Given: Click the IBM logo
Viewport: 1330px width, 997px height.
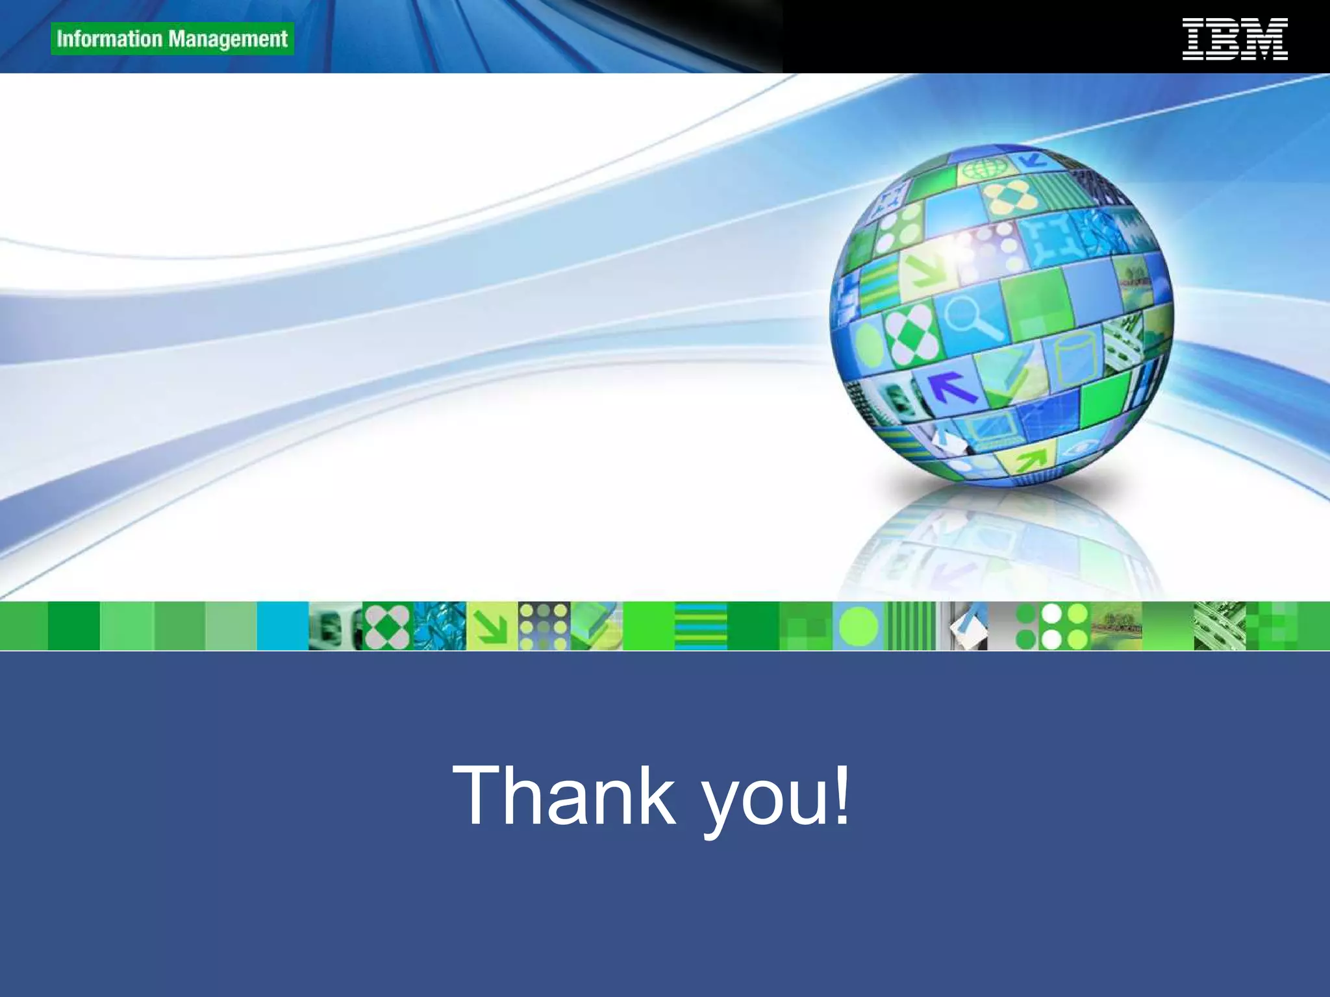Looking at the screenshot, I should tap(1235, 40).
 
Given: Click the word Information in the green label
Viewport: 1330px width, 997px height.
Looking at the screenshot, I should tap(108, 39).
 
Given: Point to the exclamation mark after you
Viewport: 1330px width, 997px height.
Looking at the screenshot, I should tap(842, 795).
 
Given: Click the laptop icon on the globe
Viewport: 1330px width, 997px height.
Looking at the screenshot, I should tap(990, 430).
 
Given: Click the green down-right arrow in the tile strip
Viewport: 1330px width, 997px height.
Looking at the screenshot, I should tap(492, 626).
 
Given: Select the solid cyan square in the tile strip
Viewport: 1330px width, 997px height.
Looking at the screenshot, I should tap(282, 626).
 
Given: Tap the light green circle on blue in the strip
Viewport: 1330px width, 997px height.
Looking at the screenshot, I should tap(858, 626).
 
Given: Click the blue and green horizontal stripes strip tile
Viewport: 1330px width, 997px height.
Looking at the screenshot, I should tap(701, 626).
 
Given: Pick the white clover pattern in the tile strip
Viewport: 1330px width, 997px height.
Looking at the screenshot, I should tap(387, 626).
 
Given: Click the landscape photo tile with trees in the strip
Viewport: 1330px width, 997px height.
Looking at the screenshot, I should tap(1116, 626).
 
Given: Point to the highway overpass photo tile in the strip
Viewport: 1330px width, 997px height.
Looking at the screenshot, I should tap(1219, 626).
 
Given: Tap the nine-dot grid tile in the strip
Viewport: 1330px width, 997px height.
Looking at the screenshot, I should tap(544, 626).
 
